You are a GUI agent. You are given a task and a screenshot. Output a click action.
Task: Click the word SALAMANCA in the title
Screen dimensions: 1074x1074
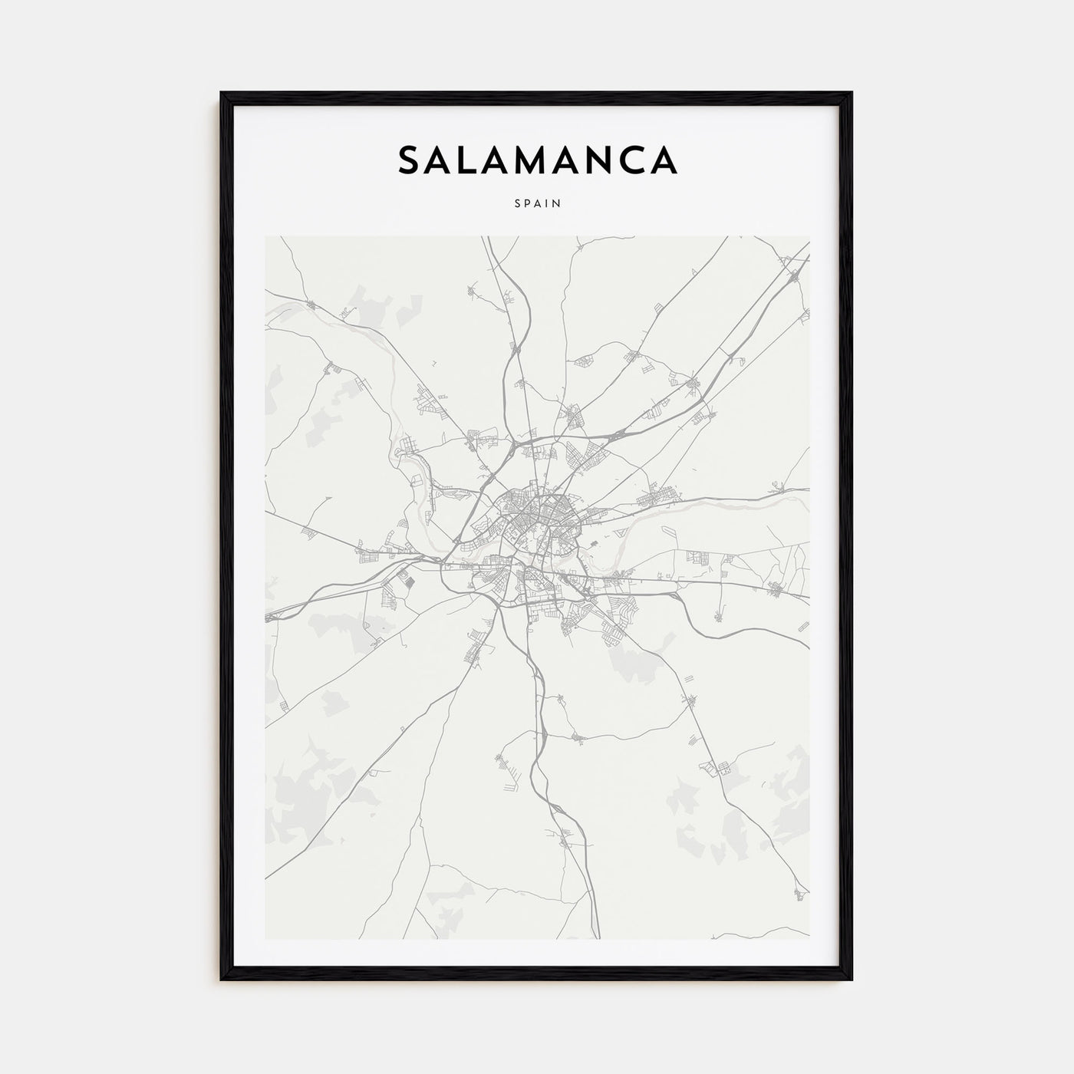(x=537, y=160)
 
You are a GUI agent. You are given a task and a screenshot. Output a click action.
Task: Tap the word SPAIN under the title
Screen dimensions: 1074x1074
(x=537, y=204)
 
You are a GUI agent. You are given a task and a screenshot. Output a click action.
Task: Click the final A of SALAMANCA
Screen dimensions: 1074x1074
(x=664, y=160)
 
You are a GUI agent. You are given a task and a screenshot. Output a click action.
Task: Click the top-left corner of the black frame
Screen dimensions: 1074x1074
(x=222, y=94)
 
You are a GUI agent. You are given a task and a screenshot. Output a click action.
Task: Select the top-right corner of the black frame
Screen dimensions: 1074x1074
(x=851, y=94)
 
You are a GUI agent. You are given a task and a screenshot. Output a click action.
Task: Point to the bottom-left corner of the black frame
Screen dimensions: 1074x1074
(x=222, y=980)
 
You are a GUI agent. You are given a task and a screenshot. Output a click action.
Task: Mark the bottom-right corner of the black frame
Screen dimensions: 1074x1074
(x=851, y=980)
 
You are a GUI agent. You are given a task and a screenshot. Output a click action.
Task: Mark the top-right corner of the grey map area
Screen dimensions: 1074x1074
(x=809, y=237)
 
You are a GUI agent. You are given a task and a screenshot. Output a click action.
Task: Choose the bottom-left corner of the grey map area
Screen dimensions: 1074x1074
(x=265, y=938)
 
